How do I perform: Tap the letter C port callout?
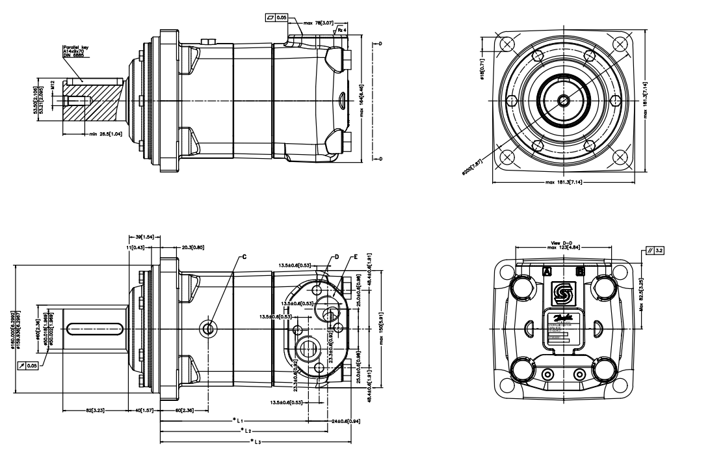[244, 257]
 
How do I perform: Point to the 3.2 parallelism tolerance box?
[653, 248]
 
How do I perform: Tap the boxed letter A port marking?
[547, 269]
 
